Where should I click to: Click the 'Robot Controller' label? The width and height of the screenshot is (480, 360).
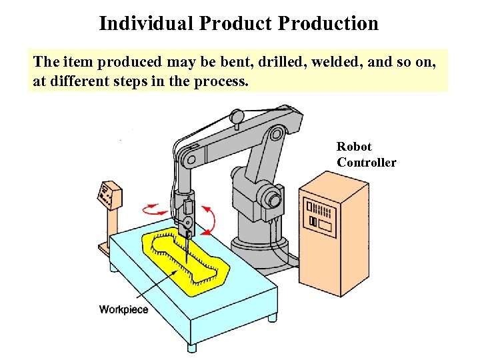point(366,155)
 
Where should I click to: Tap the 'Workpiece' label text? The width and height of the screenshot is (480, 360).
point(124,309)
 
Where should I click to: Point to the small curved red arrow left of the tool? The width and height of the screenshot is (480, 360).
point(157,209)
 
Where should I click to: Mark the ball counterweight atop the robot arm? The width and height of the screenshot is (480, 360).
point(236,117)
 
